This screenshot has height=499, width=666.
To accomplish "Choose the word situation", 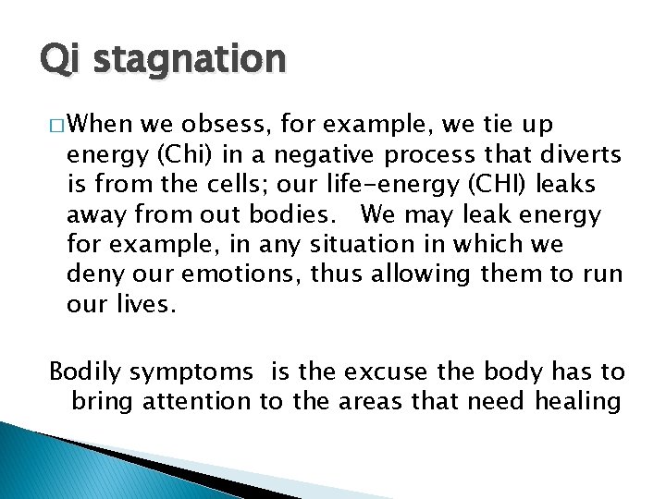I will (362, 245).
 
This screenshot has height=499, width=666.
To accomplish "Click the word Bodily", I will (84, 371).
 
